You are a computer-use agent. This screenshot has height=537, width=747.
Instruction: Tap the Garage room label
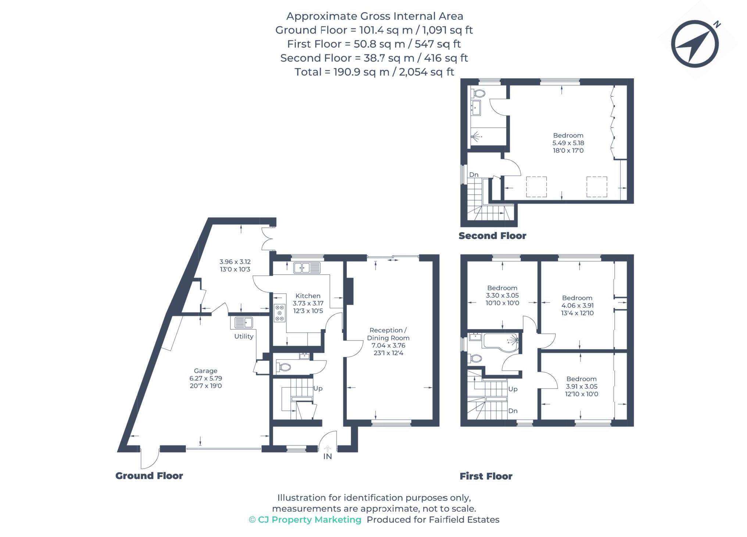pos(205,371)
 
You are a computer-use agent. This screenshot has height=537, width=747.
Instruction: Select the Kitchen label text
pos(308,296)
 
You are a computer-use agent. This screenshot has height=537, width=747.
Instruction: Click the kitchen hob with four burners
pos(279,313)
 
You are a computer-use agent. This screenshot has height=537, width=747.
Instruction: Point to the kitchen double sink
pos(307,268)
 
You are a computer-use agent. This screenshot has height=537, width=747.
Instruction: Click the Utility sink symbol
pos(243,322)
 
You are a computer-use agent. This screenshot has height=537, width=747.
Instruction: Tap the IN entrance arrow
pos(327,449)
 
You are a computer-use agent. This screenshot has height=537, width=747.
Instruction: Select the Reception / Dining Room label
pos(388,334)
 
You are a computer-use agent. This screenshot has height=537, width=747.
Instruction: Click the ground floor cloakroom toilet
pos(284,367)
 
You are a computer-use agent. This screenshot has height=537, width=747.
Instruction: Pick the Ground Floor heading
pos(149,476)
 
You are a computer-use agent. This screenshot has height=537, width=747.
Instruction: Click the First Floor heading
pos(486,476)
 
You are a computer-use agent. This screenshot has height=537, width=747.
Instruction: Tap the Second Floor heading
pos(492,236)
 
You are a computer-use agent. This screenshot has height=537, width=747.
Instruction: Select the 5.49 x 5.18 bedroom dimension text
pos(568,143)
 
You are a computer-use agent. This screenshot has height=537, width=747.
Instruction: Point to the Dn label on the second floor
pos(473,175)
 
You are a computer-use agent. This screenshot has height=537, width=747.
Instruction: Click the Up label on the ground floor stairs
pos(318,388)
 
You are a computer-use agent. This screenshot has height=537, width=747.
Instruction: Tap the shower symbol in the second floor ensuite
pos(476,137)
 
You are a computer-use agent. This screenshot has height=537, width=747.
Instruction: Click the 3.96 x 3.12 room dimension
pos(235,262)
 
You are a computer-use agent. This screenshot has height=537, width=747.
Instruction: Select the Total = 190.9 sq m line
pos(374,72)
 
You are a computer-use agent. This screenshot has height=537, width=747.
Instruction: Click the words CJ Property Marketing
pos(309,520)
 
